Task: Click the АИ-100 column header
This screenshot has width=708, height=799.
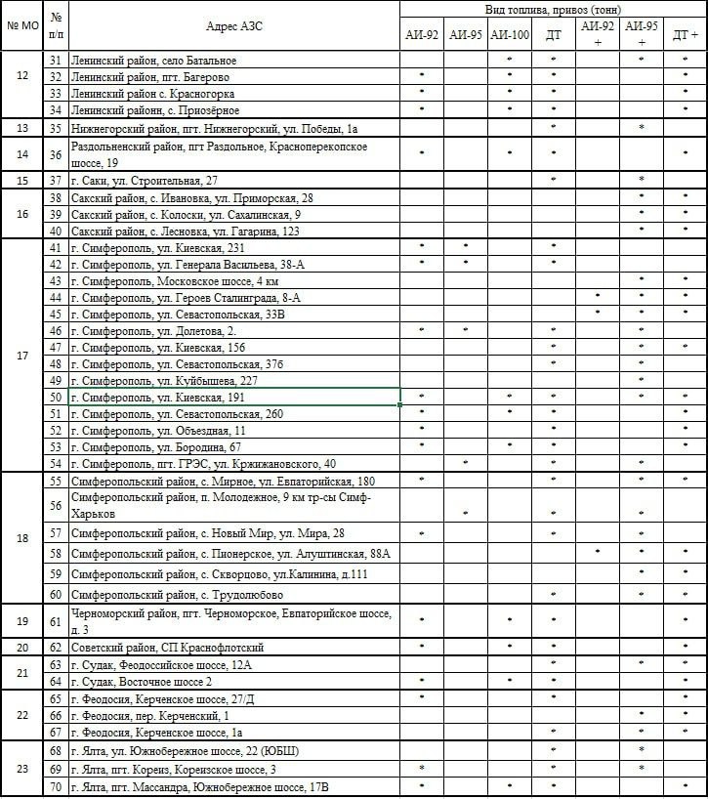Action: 510,35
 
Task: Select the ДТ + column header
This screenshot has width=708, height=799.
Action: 686,35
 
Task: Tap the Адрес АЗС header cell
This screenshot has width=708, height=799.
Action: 234,25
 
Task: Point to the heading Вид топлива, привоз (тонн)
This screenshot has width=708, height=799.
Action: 552,8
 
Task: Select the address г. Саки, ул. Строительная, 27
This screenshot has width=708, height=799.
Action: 145,181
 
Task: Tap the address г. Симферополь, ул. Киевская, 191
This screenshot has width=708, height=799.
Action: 157,398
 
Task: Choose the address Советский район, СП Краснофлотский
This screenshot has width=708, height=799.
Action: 167,648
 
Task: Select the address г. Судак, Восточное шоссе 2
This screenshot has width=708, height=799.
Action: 142,681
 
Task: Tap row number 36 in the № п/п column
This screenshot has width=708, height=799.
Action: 57,154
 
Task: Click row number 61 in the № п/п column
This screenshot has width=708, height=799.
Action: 57,621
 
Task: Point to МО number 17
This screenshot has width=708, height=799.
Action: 22,356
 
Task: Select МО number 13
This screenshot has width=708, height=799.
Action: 22,128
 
